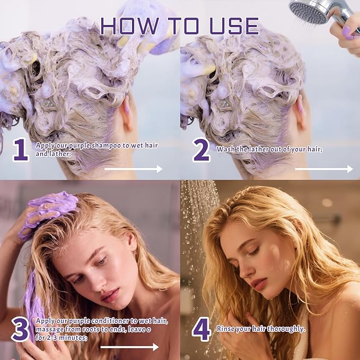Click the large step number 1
21,151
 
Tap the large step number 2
201,151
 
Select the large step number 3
21,329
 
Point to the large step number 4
201,329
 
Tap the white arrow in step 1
133,169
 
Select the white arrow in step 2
323,169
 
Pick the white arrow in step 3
129,347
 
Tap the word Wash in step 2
226,150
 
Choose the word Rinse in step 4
227,329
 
